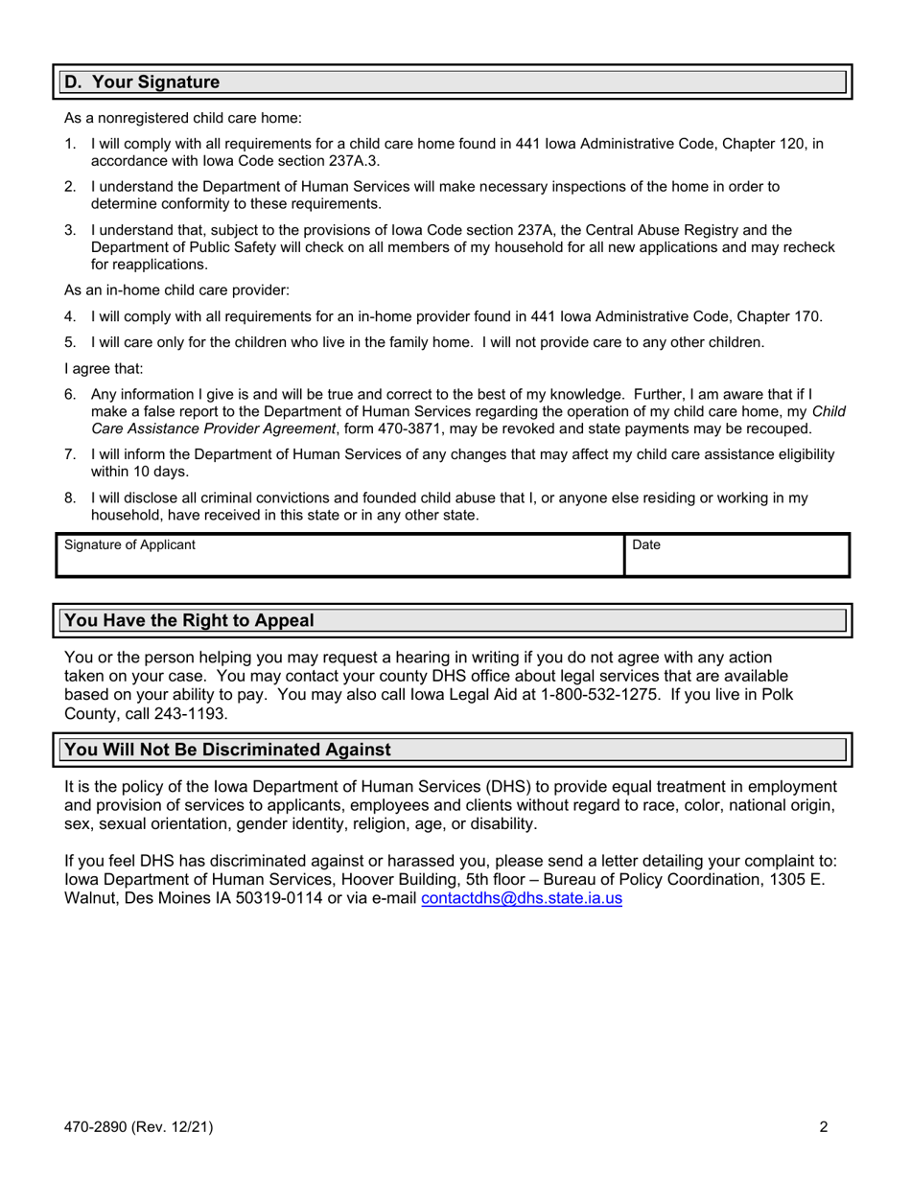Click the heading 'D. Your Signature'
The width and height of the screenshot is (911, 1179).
(142, 82)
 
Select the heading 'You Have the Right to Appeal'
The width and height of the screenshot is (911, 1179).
(189, 620)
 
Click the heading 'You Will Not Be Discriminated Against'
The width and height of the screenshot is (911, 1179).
(227, 750)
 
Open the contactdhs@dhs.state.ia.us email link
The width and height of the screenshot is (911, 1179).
(522, 899)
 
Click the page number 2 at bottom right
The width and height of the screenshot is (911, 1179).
(824, 1127)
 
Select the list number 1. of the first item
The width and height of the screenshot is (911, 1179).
(70, 144)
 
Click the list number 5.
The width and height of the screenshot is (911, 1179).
(70, 342)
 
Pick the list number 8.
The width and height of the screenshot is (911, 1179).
(70, 498)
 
